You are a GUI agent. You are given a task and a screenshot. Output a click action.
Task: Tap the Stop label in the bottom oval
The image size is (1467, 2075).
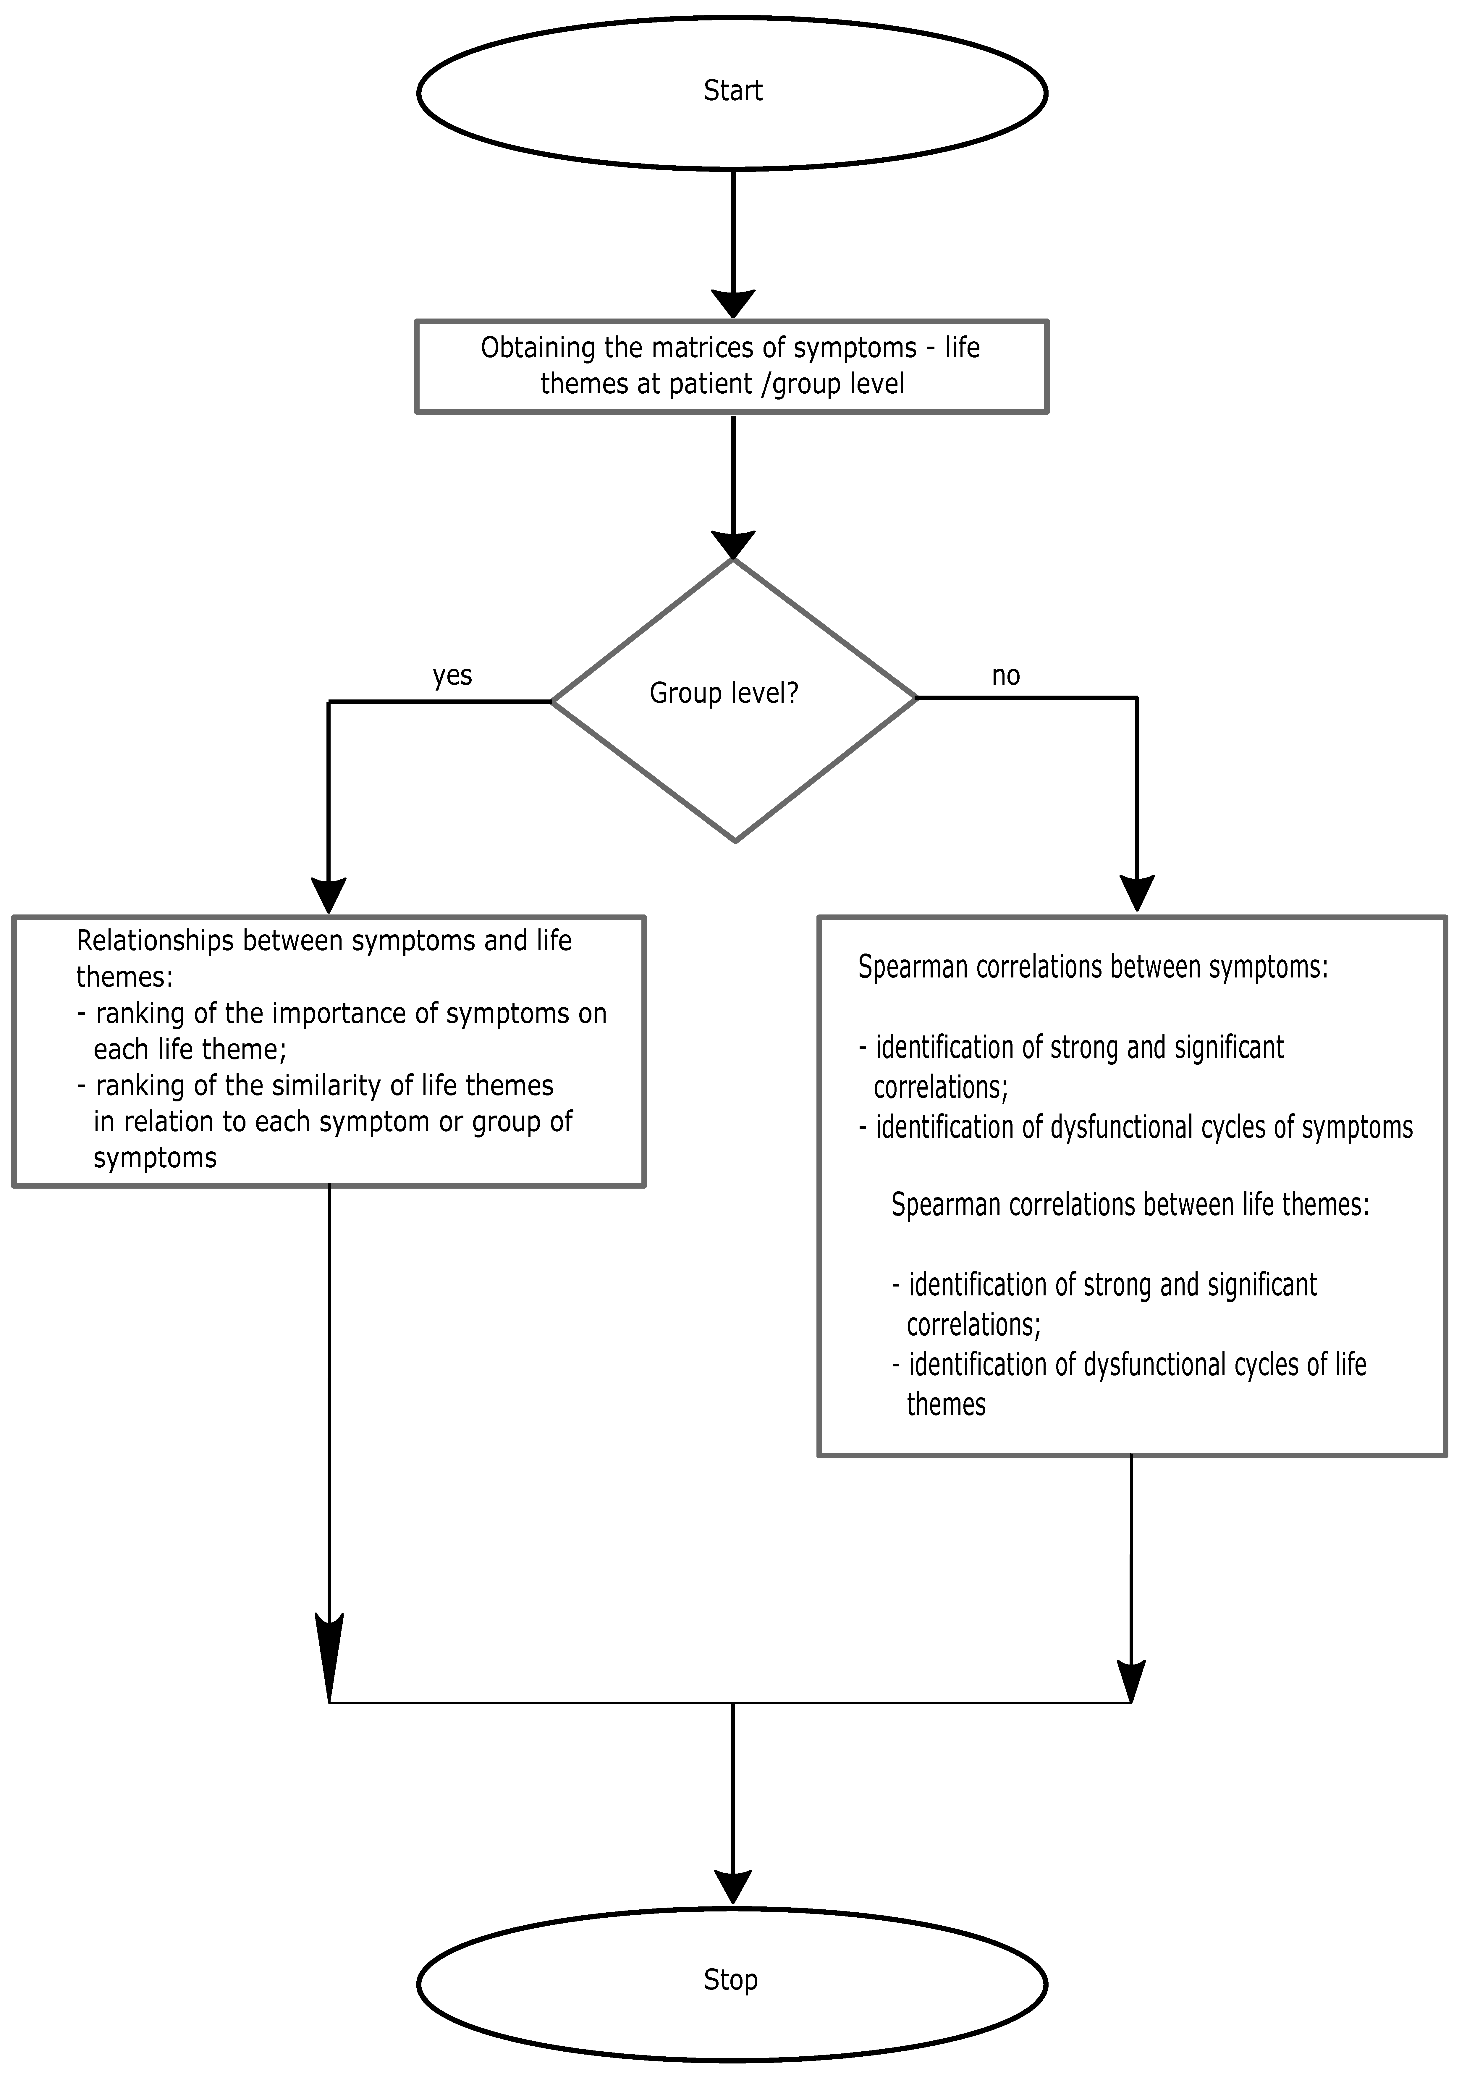[730, 1979]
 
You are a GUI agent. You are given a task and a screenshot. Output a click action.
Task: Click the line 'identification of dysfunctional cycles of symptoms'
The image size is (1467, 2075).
[1143, 1127]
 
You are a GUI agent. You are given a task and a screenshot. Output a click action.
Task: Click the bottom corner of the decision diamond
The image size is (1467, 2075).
[735, 840]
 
